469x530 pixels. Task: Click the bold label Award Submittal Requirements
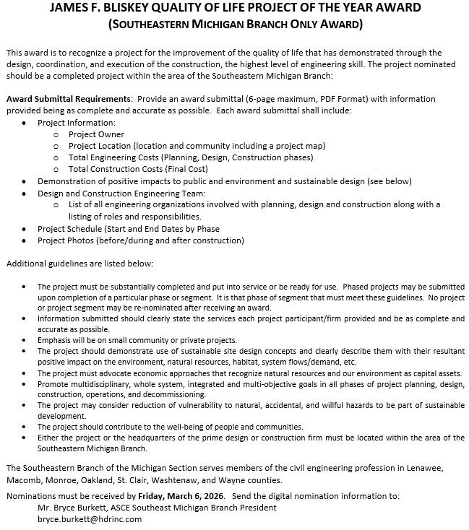pos(69,99)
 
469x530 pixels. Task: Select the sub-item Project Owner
pos(96,134)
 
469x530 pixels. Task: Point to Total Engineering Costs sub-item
pos(191,157)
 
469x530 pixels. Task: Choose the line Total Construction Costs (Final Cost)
pos(138,169)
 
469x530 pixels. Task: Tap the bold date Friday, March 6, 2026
pos(181,496)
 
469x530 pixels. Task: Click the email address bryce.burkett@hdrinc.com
pos(90,519)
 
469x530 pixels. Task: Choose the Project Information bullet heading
pos(77,123)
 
